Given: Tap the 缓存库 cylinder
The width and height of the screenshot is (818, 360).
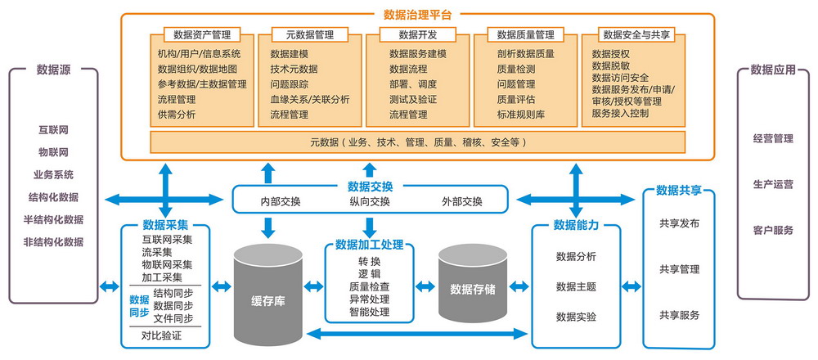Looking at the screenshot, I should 267,301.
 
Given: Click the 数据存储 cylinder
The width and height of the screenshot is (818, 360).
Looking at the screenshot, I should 473,289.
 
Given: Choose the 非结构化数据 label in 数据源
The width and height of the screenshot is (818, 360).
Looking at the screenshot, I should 53,242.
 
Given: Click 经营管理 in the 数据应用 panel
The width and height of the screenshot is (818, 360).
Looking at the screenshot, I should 772,138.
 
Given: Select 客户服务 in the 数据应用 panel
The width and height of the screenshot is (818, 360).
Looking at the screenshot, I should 772,231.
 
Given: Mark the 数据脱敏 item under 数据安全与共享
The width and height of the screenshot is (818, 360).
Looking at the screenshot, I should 612,65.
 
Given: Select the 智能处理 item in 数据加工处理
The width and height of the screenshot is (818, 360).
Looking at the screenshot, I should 369,312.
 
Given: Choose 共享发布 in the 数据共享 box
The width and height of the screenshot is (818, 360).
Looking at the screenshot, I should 679,223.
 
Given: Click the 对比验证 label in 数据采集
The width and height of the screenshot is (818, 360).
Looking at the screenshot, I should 161,335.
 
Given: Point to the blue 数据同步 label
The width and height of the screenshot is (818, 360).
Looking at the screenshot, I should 139,305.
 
